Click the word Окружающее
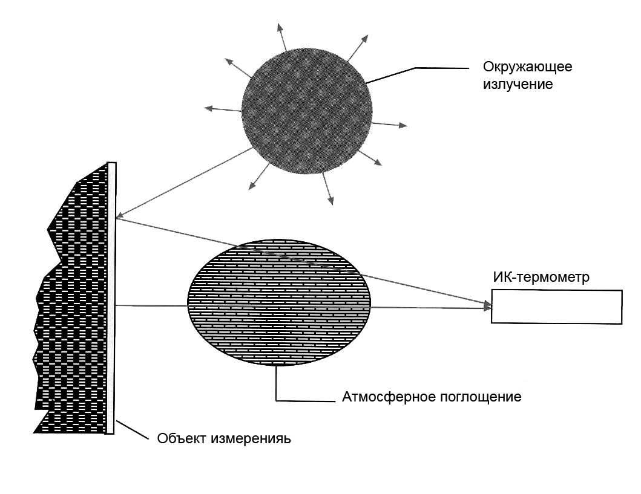point(527,67)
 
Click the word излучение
point(518,84)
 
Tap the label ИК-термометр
point(542,278)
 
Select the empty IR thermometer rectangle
point(556,307)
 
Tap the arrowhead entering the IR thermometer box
point(487,307)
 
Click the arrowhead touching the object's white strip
point(120,216)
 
